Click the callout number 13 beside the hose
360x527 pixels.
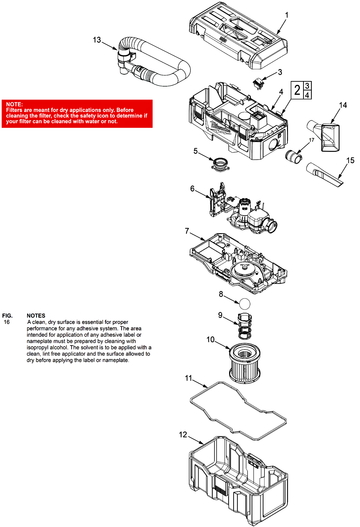[x=97, y=40]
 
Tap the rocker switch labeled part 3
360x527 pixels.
[x=258, y=83]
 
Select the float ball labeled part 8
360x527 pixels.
[x=245, y=304]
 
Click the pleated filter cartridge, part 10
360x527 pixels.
[x=245, y=362]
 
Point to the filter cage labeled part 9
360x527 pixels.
[x=245, y=326]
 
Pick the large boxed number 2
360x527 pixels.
[x=297, y=90]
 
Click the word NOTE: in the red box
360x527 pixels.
[x=14, y=104]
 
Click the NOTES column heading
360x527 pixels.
[x=36, y=316]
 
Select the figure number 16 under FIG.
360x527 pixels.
[x=7, y=322]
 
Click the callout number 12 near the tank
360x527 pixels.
[x=183, y=435]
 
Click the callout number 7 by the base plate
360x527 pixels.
[x=187, y=231]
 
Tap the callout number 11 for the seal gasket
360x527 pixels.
[x=188, y=378]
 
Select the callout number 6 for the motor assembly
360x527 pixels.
[x=193, y=189]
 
